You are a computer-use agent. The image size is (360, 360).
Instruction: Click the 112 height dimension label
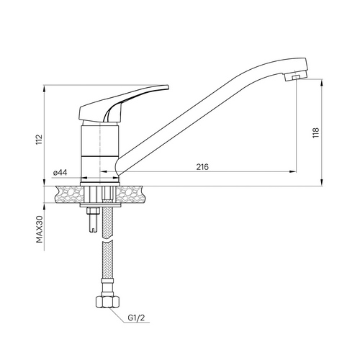(39, 140)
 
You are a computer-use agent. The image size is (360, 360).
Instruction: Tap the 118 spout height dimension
(316, 132)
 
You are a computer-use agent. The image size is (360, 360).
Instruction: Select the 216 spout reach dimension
(202, 167)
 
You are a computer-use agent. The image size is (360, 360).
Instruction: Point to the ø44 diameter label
(60, 173)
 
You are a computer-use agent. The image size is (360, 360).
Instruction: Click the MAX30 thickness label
(40, 229)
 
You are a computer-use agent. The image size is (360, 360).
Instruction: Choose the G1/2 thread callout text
(136, 318)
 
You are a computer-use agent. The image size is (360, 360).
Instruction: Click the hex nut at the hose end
(107, 302)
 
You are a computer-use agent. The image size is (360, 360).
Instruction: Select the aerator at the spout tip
(296, 76)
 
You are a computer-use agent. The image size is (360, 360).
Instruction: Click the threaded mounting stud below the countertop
(93, 220)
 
